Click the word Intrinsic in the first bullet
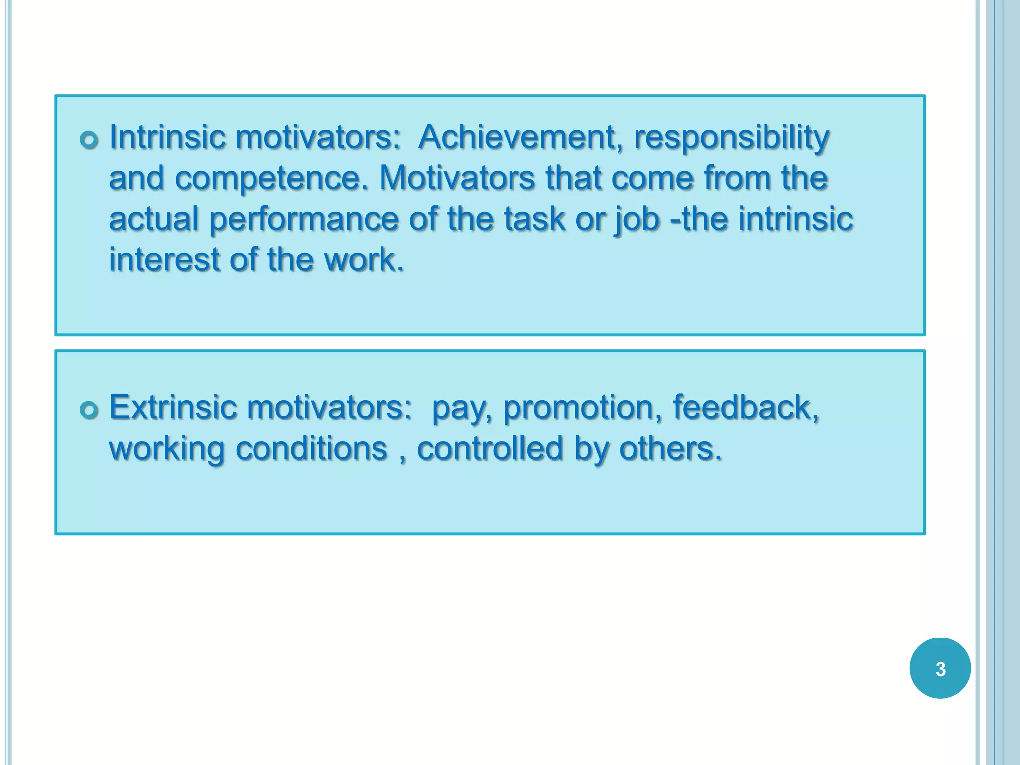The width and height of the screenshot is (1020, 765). (x=167, y=137)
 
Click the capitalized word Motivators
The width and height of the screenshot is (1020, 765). (x=457, y=178)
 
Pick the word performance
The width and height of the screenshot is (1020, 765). (x=304, y=220)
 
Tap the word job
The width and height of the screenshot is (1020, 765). (x=637, y=220)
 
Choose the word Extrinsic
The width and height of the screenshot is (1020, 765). (x=172, y=407)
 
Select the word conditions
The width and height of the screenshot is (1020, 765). (x=311, y=449)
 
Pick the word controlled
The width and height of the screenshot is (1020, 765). (x=490, y=449)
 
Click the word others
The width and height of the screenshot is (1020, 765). (x=669, y=449)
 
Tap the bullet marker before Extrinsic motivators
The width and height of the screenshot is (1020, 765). (x=89, y=410)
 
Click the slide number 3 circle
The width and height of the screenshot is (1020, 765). (x=940, y=668)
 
